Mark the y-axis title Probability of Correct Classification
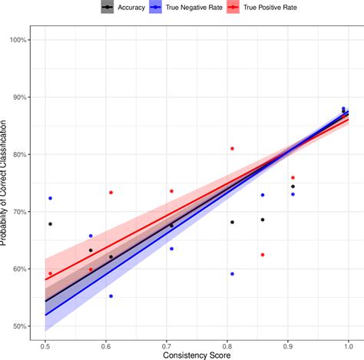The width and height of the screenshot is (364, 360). tap(5, 183)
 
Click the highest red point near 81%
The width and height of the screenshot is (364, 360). tap(232, 148)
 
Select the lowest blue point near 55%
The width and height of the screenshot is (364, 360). tap(111, 296)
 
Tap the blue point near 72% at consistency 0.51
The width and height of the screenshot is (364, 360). tap(50, 198)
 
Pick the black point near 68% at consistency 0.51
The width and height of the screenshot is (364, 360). tap(50, 224)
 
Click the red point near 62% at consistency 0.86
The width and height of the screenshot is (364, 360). tap(263, 255)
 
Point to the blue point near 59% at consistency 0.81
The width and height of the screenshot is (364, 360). tap(232, 274)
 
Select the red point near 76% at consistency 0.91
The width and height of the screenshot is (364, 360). tap(293, 177)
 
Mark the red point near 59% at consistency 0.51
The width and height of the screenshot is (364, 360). tap(50, 274)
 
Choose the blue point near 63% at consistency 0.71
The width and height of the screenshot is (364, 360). tap(171, 249)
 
